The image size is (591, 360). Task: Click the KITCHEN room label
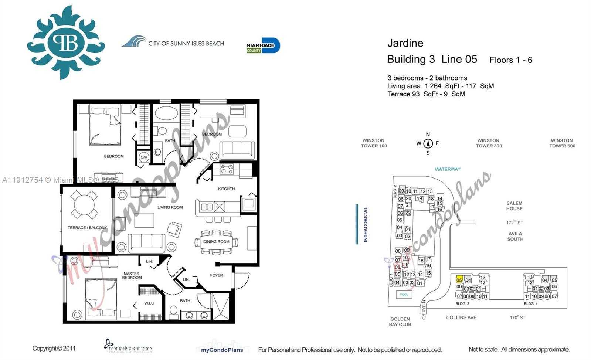(x=226, y=189)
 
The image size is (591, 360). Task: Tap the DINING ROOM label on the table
(x=216, y=242)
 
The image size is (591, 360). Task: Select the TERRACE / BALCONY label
(x=87, y=228)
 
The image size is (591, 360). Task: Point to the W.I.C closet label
(x=149, y=303)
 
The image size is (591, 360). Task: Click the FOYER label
(x=216, y=275)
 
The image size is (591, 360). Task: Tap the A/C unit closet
(x=143, y=157)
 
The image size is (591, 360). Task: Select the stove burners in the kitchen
(x=227, y=170)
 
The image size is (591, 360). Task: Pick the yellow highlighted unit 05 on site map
(x=459, y=280)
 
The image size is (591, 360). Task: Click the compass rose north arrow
(x=428, y=143)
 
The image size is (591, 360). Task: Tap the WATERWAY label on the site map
(x=447, y=169)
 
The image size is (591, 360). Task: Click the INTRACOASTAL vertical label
(x=366, y=224)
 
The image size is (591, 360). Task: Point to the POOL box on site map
(x=404, y=295)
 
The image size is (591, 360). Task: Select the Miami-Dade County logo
(x=263, y=46)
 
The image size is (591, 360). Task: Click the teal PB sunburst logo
(x=66, y=43)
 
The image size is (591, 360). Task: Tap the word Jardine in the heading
(x=405, y=43)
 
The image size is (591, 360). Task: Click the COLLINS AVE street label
(x=461, y=317)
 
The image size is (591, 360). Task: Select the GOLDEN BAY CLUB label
(x=400, y=322)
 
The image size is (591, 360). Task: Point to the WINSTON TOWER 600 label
(x=562, y=143)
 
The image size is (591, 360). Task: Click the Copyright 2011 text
(x=54, y=348)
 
